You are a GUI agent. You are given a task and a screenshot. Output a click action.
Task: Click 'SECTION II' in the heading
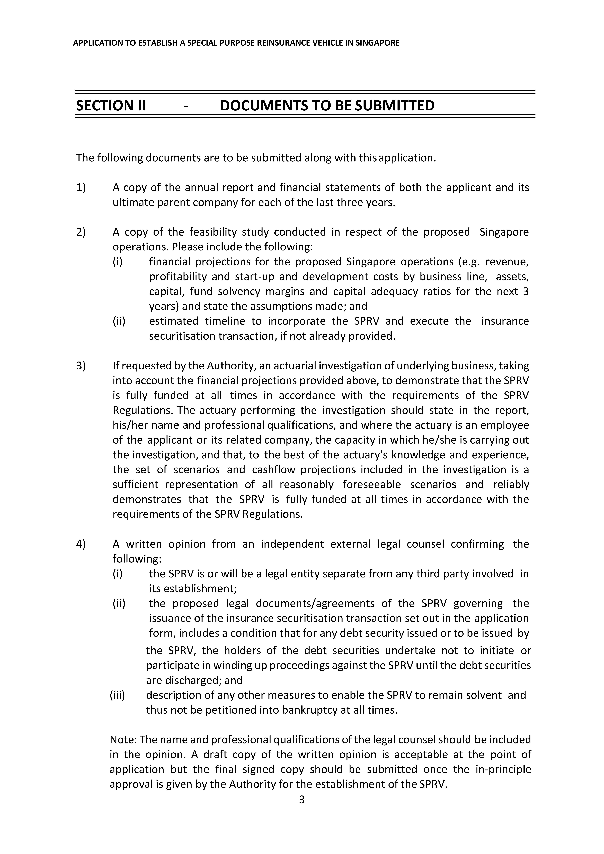[x=111, y=106]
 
